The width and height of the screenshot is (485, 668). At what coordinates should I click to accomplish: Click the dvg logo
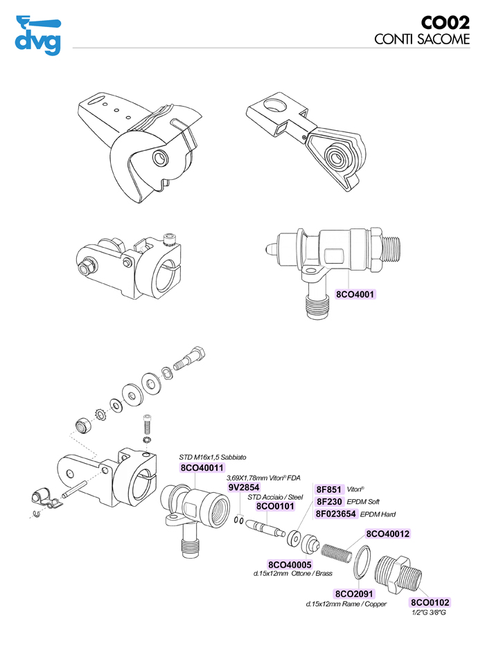(x=37, y=35)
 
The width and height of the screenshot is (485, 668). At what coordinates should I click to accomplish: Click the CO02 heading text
(x=440, y=23)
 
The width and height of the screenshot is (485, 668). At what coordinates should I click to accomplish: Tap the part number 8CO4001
(x=355, y=294)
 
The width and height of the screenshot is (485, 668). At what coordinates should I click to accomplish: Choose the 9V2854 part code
(x=244, y=487)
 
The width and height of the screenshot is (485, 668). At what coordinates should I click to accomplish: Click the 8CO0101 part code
(x=276, y=506)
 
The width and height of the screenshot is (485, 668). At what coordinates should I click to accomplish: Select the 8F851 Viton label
(x=329, y=489)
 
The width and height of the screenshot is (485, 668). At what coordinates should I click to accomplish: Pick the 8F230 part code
(x=329, y=501)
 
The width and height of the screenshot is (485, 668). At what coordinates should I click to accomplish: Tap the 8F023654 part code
(x=336, y=514)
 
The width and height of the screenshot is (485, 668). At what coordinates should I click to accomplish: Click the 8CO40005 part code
(x=290, y=564)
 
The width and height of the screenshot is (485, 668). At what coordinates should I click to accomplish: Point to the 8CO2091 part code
(x=354, y=594)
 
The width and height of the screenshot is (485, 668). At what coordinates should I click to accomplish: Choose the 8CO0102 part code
(x=430, y=603)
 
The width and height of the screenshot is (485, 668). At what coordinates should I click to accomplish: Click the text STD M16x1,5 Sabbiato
(x=213, y=458)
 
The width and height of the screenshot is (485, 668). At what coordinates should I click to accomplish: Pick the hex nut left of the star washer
(x=82, y=424)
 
